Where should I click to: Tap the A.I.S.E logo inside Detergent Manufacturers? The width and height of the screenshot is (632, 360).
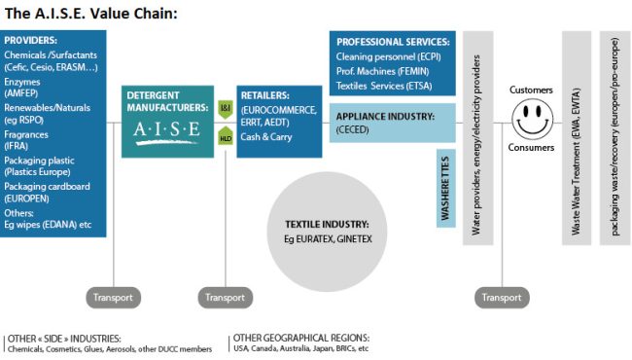165,129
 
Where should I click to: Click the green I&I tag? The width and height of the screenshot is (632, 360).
225,105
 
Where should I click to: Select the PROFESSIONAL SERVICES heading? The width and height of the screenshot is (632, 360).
392,43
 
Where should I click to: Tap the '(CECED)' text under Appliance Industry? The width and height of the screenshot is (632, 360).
352,128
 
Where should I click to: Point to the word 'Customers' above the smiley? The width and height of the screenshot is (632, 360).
531,90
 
